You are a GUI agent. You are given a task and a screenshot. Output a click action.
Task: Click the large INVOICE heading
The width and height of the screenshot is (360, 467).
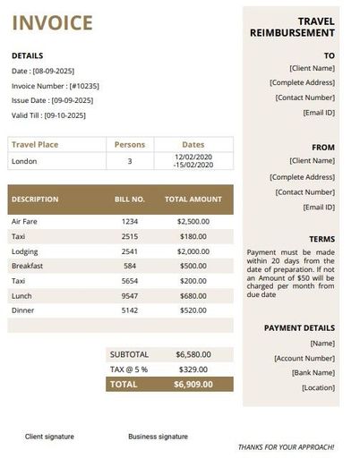point(52,23)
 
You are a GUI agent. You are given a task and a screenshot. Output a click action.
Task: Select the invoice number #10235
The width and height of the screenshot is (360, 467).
point(80,85)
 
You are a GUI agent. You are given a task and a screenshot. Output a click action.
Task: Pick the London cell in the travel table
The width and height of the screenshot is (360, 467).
point(24,161)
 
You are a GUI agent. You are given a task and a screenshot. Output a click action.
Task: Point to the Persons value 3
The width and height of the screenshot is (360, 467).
point(130,161)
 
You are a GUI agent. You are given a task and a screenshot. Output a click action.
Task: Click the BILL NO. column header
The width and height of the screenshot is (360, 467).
point(130,200)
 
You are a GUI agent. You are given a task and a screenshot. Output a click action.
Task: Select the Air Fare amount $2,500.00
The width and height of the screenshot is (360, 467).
point(193,221)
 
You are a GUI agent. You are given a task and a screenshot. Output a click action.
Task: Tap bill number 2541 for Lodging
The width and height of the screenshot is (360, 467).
point(130,251)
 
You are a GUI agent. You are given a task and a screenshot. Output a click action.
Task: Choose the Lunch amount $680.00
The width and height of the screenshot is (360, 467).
point(193,295)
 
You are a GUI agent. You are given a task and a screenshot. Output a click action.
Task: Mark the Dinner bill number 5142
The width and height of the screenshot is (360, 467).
point(130,310)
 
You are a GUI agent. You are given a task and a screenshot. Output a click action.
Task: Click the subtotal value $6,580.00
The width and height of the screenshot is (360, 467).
point(193,353)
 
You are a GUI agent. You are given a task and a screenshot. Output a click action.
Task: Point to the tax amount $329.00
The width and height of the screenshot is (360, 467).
point(193,369)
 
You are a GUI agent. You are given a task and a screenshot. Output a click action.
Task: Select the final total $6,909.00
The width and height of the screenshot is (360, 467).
point(193,384)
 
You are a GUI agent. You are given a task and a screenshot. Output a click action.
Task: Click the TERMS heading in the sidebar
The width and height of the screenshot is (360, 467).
point(321,240)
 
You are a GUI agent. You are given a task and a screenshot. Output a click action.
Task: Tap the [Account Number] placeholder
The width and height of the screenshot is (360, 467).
point(304,358)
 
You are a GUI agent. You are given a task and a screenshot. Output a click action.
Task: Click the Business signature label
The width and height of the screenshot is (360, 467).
point(158,437)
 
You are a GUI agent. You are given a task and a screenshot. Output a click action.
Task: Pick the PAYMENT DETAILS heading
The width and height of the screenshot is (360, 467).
point(299,328)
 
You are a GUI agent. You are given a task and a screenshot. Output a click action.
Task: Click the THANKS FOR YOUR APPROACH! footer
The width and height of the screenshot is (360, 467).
point(286,446)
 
